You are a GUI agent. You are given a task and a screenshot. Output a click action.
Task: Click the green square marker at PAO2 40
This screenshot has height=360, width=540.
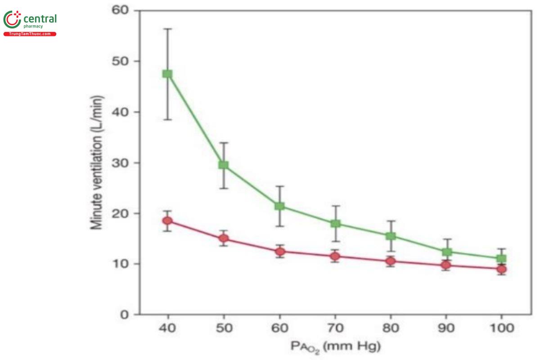pyautogui.click(x=167, y=74)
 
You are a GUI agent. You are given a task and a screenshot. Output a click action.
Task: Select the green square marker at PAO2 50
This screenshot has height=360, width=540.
pyautogui.click(x=223, y=165)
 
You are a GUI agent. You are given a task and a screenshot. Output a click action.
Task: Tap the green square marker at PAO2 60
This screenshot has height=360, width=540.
pyautogui.click(x=279, y=206)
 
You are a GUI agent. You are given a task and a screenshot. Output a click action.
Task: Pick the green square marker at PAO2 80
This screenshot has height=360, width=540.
pyautogui.click(x=390, y=236)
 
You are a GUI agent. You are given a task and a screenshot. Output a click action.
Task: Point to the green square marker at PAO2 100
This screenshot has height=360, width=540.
pyautogui.click(x=501, y=259)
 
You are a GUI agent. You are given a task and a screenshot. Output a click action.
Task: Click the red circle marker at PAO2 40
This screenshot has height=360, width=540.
pyautogui.click(x=167, y=220)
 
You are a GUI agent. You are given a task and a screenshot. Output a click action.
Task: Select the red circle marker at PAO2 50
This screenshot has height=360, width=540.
pyautogui.click(x=223, y=238)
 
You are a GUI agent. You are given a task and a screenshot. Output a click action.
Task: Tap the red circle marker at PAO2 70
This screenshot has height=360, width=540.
pyautogui.click(x=335, y=256)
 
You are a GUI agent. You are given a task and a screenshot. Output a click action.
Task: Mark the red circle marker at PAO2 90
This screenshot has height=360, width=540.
pyautogui.click(x=446, y=265)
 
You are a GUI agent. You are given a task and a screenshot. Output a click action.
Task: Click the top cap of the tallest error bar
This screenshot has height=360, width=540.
pyautogui.click(x=167, y=29)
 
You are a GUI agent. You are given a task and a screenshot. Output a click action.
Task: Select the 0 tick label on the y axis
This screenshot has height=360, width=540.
pyautogui.click(x=124, y=315)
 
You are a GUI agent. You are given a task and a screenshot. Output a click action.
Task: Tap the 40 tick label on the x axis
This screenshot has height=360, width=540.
pyautogui.click(x=167, y=328)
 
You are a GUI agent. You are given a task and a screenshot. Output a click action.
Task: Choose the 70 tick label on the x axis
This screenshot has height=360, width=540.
pyautogui.click(x=335, y=328)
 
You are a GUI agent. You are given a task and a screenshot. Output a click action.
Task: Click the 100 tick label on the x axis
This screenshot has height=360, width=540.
pyautogui.click(x=501, y=328)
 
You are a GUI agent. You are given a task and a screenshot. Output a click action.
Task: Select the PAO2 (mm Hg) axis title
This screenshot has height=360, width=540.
pyautogui.click(x=335, y=347)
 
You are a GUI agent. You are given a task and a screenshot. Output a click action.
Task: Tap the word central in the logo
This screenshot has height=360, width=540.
pyautogui.click(x=40, y=19)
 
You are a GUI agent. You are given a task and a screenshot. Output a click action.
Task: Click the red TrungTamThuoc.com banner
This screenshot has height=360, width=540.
pyautogui.click(x=30, y=34)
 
